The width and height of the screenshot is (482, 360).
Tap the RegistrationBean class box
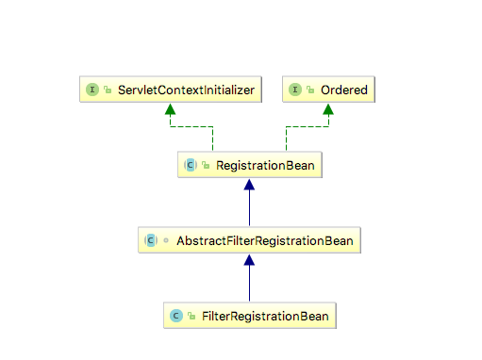pyautogui.click(x=250, y=165)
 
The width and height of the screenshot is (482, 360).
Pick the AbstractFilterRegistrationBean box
pyautogui.click(x=250, y=240)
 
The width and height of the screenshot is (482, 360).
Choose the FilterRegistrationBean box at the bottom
pyautogui.click(x=250, y=316)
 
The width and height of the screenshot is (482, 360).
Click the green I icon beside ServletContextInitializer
pyautogui.click(x=93, y=90)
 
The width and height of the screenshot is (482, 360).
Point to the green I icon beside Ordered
pyautogui.click(x=296, y=90)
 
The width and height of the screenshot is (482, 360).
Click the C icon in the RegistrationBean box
pyautogui.click(x=190, y=165)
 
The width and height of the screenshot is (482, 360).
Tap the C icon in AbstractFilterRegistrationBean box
pyautogui.click(x=149, y=240)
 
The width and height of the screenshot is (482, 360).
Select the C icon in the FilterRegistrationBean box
pyautogui.click(x=175, y=316)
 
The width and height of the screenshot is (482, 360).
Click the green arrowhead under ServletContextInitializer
pyautogui.click(x=170, y=109)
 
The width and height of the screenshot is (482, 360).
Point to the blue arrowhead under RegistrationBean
pyautogui.click(x=250, y=186)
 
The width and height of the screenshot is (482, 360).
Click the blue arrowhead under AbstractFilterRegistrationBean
pyautogui.click(x=250, y=261)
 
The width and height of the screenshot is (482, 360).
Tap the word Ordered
pyautogui.click(x=344, y=90)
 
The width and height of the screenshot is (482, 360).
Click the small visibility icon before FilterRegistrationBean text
pyautogui.click(x=190, y=316)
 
